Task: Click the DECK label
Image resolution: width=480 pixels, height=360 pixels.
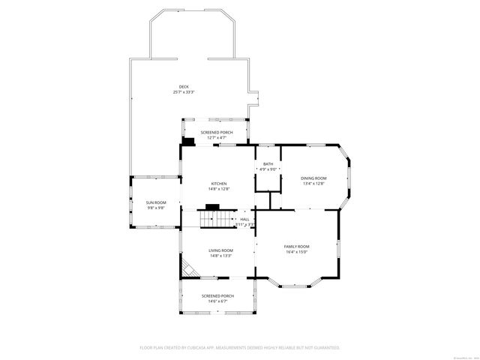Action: [x=184, y=86]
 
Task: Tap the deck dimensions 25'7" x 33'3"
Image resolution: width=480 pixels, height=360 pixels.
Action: [x=184, y=92]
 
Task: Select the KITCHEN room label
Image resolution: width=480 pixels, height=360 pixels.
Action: [x=218, y=184]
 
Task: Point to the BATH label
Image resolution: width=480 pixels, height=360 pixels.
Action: [x=268, y=163]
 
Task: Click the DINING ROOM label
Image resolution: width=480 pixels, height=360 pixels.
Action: [x=313, y=178]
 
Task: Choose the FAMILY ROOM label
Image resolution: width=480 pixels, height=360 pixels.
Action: [x=296, y=246]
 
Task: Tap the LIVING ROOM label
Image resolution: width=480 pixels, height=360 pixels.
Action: [x=220, y=250]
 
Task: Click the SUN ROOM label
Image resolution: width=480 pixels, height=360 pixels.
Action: [x=156, y=202]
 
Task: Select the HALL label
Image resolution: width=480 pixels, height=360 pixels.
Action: [x=244, y=219]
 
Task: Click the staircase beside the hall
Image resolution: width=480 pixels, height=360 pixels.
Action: [x=214, y=219]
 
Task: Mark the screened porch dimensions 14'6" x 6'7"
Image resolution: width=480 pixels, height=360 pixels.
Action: [x=217, y=301]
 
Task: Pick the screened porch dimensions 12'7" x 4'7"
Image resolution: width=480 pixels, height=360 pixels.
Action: [x=216, y=138]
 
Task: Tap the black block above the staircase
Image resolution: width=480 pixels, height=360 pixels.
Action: [x=212, y=206]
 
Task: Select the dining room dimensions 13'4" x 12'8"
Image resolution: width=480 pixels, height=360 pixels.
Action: [x=313, y=184]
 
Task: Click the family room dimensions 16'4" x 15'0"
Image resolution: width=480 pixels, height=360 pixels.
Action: [x=296, y=252]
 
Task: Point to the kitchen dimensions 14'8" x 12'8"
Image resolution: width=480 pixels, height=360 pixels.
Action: [x=218, y=189]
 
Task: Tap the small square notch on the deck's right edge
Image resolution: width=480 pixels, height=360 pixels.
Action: [x=255, y=98]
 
